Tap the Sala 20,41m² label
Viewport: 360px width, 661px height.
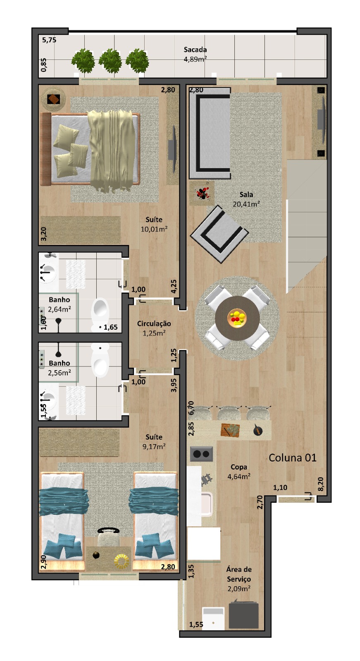pos(246,199)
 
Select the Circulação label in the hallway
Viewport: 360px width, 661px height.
pos(154,328)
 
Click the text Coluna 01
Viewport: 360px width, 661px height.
pos(292,458)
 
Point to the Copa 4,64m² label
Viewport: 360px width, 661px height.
pos(239,471)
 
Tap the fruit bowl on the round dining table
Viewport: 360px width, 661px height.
pos(237,318)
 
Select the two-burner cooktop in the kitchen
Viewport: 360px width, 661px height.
pos(201,454)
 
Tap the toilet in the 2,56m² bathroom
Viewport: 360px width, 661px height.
pos(100,360)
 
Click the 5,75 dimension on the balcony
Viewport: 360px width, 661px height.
pos(49,40)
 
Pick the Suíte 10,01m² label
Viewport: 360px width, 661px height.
pos(154,224)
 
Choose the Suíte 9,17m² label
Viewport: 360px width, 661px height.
pos(154,442)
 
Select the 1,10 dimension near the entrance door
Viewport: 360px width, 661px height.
pos(280,487)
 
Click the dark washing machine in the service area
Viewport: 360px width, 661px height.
pos(243,615)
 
